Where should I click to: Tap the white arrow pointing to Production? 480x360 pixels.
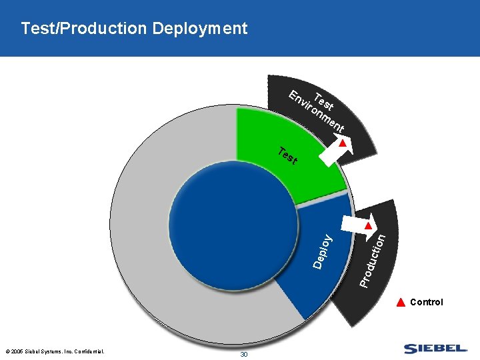(x=357, y=226)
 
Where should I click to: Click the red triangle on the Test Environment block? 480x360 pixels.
(x=343, y=143)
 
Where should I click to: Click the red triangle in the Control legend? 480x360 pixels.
(x=401, y=302)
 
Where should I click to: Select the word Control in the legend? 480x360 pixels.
(x=426, y=302)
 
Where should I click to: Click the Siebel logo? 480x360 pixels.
(x=435, y=348)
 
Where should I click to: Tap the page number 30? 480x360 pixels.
(x=243, y=354)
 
